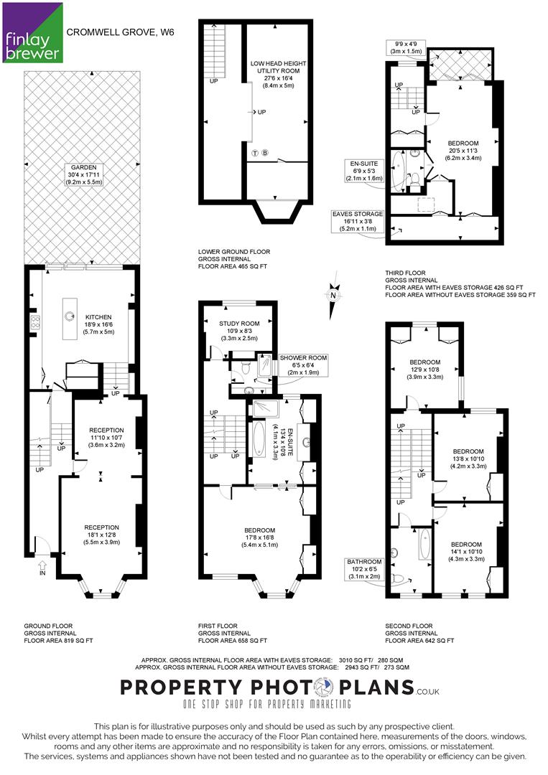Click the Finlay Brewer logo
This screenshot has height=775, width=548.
[x=32, y=32]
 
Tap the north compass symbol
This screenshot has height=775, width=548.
[x=334, y=295]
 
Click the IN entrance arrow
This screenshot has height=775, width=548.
[x=42, y=567]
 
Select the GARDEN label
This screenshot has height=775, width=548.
[x=84, y=174]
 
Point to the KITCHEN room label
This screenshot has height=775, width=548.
[x=98, y=324]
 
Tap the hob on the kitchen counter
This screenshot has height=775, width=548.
[x=35, y=322]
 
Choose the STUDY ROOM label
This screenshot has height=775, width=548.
[x=239, y=331]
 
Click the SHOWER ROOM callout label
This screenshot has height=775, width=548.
[x=303, y=365]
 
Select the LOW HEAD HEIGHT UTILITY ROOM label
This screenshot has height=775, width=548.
[x=278, y=74]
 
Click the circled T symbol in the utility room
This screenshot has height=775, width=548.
[x=255, y=152]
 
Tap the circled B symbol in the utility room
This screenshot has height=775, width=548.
[x=265, y=152]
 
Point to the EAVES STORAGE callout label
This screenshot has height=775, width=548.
[x=358, y=221]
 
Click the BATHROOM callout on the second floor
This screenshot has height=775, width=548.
[x=365, y=569]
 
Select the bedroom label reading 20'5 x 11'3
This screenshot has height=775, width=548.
[x=463, y=151]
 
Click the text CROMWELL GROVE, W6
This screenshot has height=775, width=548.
[x=120, y=32]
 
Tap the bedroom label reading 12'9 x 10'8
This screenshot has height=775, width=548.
[x=425, y=370]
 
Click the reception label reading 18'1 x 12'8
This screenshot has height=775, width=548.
[x=101, y=535]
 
